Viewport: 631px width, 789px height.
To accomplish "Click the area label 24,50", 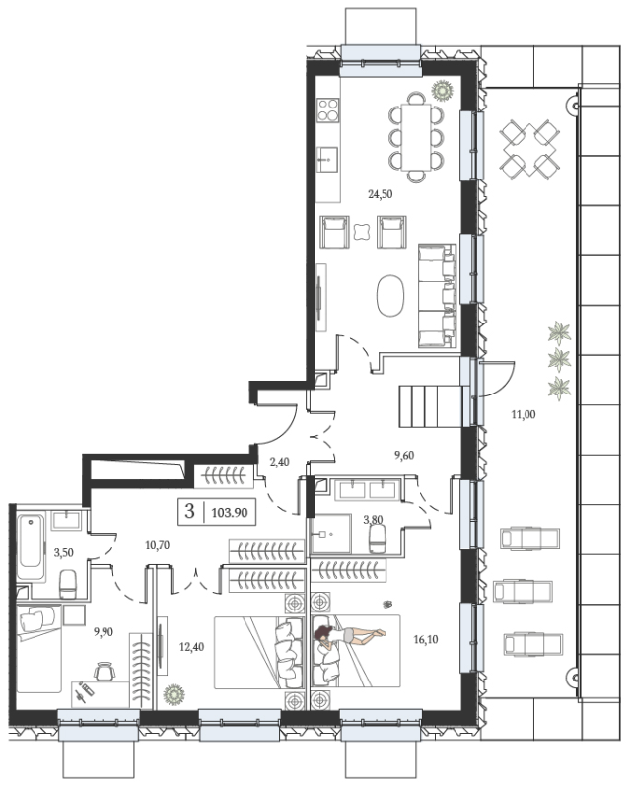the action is tap(380, 193).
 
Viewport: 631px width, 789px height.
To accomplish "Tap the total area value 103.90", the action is tap(230, 512).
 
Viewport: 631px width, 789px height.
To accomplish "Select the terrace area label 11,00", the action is tap(524, 414).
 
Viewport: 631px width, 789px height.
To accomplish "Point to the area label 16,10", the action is tap(426, 639).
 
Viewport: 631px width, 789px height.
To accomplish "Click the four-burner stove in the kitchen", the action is tap(328, 109).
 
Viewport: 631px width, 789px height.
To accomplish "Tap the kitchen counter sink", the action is tap(328, 160).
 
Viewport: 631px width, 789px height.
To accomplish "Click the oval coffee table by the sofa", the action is tap(390, 295).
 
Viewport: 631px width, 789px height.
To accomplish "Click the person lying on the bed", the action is tap(349, 634).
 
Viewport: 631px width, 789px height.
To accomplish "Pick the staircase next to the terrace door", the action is tap(431, 406).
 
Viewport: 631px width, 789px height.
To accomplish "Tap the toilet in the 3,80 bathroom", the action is tap(378, 538).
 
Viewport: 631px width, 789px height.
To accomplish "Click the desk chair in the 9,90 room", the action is tap(105, 671).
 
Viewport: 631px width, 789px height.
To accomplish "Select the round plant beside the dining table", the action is tap(443, 91).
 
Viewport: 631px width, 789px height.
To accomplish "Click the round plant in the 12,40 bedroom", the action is tap(175, 694).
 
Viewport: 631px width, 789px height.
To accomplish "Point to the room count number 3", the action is tap(189, 511).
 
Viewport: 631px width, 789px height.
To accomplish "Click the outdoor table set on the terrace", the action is tap(529, 149).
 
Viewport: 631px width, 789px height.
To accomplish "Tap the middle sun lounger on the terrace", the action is tap(524, 591).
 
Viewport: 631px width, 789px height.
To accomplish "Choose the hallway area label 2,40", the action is tap(279, 462).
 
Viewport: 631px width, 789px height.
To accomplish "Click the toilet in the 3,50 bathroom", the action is tap(68, 584).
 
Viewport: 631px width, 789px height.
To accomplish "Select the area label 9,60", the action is tap(404, 455).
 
